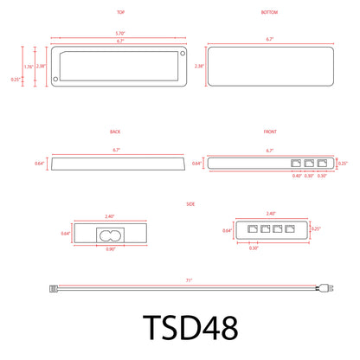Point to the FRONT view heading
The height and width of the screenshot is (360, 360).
[x=270, y=132]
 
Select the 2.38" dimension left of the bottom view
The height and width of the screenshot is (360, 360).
[x=200, y=66]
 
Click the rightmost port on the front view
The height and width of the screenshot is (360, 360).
[x=323, y=163]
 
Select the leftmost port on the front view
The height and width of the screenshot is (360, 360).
[x=297, y=163]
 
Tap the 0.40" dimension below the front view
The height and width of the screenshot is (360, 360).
[x=297, y=176]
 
